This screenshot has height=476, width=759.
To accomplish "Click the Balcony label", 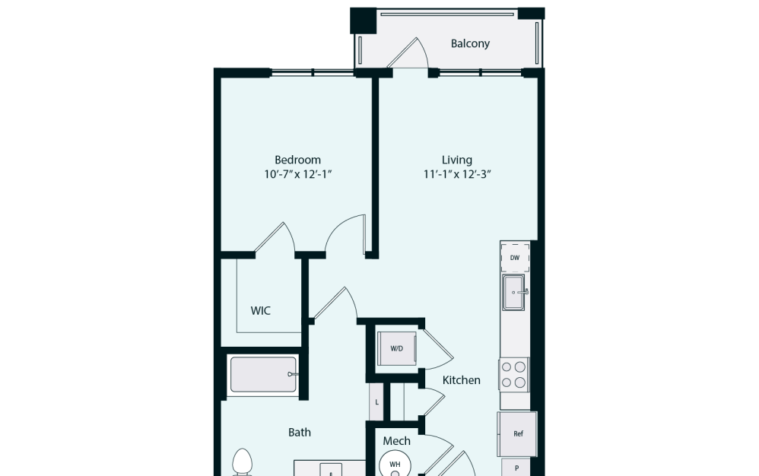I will [x=470, y=43].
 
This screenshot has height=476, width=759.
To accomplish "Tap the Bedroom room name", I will [x=297, y=160].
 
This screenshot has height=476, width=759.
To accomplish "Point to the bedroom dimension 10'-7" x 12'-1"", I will [x=297, y=174].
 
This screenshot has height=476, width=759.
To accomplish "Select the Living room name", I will [x=457, y=160].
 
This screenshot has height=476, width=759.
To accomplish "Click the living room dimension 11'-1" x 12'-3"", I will [x=457, y=174].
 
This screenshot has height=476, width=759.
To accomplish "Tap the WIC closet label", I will [x=261, y=310].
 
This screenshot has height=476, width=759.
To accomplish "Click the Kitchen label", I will [x=462, y=379].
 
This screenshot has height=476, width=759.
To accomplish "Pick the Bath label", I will [x=300, y=432].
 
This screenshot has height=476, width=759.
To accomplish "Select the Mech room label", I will [x=396, y=440].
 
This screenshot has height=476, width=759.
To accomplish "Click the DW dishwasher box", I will [x=515, y=258].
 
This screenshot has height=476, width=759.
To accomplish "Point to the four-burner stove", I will [x=514, y=374].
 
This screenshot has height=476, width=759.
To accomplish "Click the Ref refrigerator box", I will [x=518, y=433].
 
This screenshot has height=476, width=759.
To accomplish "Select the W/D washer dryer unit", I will [x=396, y=349].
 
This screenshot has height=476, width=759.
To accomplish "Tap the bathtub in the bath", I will [x=263, y=374].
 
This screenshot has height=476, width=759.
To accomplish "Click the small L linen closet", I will [x=376, y=401].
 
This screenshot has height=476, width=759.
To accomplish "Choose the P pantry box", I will [x=516, y=467].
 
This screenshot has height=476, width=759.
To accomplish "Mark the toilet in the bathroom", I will [x=242, y=462].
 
